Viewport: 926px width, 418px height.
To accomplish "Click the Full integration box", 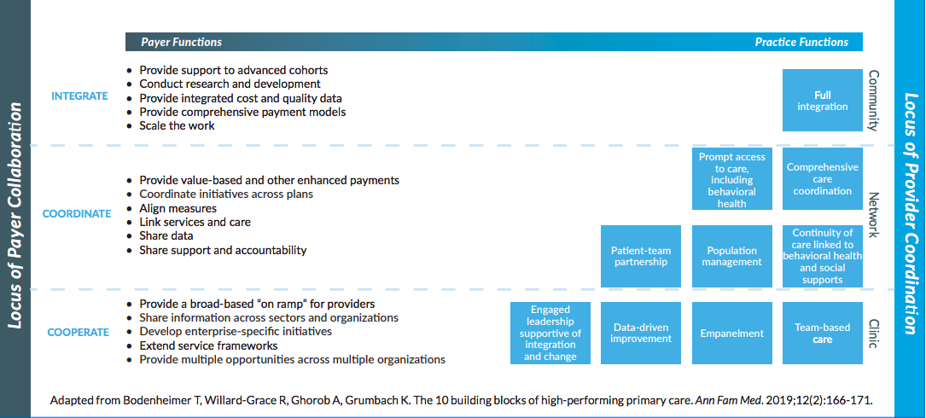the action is click(x=823, y=101).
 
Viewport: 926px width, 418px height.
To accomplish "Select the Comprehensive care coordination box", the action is click(x=823, y=179).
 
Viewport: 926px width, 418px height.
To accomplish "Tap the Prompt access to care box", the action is click(x=732, y=179).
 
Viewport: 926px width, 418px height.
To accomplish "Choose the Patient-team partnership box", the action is click(x=641, y=256).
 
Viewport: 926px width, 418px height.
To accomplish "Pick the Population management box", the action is click(x=732, y=256).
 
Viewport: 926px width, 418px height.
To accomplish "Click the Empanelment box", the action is click(x=732, y=333).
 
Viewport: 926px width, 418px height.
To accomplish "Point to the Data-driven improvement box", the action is click(x=641, y=333).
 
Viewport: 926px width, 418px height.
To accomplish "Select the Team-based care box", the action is click(x=823, y=333).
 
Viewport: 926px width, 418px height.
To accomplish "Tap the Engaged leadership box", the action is click(x=550, y=333).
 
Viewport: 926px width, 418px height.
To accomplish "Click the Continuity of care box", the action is click(x=823, y=256).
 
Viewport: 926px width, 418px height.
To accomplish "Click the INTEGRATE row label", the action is click(x=79, y=96).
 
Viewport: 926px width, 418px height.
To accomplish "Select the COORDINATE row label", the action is click(x=77, y=214).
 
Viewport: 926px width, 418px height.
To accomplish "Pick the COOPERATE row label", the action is click(x=79, y=333).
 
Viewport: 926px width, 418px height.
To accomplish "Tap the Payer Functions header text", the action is click(x=181, y=42).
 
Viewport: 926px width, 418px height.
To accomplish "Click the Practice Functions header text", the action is click(x=801, y=42).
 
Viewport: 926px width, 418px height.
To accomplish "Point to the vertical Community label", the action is click(x=874, y=101).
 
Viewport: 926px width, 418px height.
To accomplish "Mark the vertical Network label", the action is click(x=874, y=215).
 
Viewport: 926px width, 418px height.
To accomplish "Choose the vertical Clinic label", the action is click(x=874, y=334).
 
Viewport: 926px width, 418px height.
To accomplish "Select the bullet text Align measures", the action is click(x=178, y=208).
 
